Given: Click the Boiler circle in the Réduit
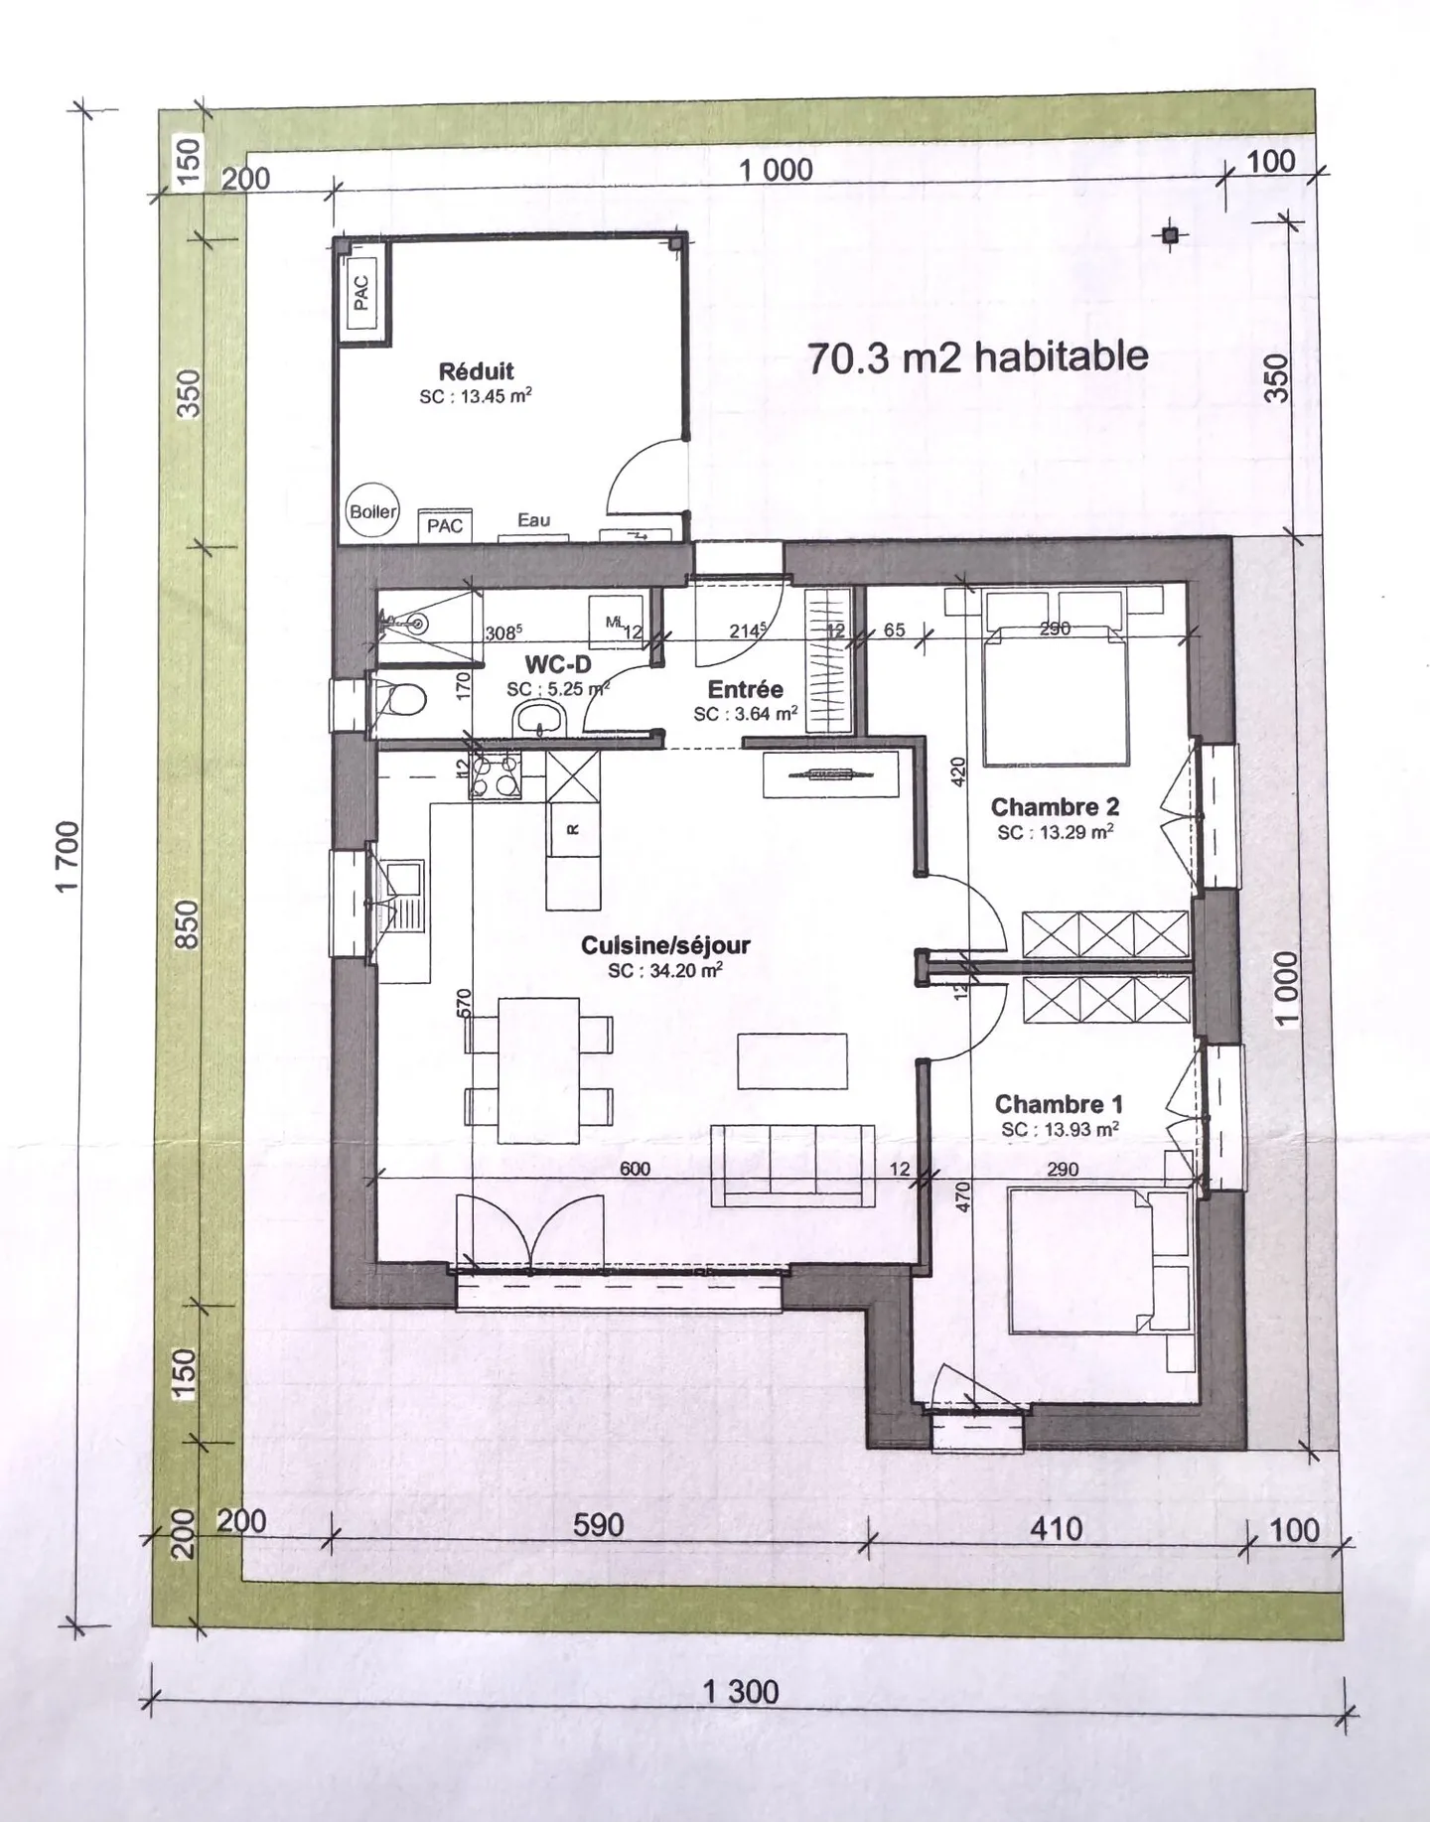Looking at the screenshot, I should [x=372, y=512].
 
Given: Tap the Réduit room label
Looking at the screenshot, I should [x=476, y=371].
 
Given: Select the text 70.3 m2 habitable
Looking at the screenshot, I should [x=977, y=357].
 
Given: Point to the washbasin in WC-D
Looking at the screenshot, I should [x=539, y=717].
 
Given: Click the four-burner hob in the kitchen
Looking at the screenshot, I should [x=496, y=775].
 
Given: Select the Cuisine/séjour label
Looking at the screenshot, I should [x=665, y=945].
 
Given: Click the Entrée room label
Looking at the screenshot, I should [x=745, y=689].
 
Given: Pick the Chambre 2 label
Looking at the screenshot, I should [x=1055, y=807].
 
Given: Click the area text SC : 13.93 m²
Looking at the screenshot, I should [x=1060, y=1129].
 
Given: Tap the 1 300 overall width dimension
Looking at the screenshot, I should [x=741, y=1690].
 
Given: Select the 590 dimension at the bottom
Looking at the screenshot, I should [x=598, y=1524].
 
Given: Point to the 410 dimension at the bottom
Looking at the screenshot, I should [x=1056, y=1527].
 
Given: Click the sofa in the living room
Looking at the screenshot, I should [x=793, y=1165].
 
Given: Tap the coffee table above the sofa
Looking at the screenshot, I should [x=792, y=1061].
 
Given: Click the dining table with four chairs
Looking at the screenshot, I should [x=538, y=1070].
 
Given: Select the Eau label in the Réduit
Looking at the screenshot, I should [x=533, y=520].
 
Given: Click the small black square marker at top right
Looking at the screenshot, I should [x=1171, y=235].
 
